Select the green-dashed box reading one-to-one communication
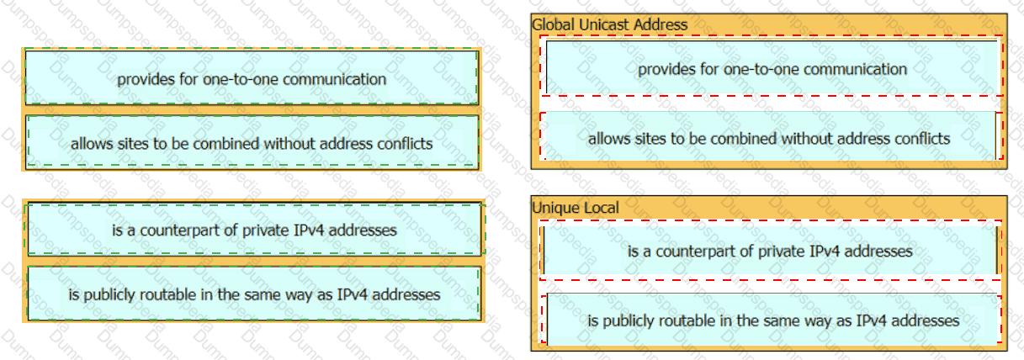pos(252,79)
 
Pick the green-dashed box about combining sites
pos(252,144)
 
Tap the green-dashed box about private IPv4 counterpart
pos(254,230)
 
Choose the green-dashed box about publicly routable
pos(254,294)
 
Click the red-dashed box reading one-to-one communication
pos(772,69)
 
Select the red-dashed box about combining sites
pos(769,138)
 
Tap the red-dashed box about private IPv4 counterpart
pos(770,251)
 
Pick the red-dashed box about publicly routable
pos(773,320)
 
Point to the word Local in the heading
pos(601,208)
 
